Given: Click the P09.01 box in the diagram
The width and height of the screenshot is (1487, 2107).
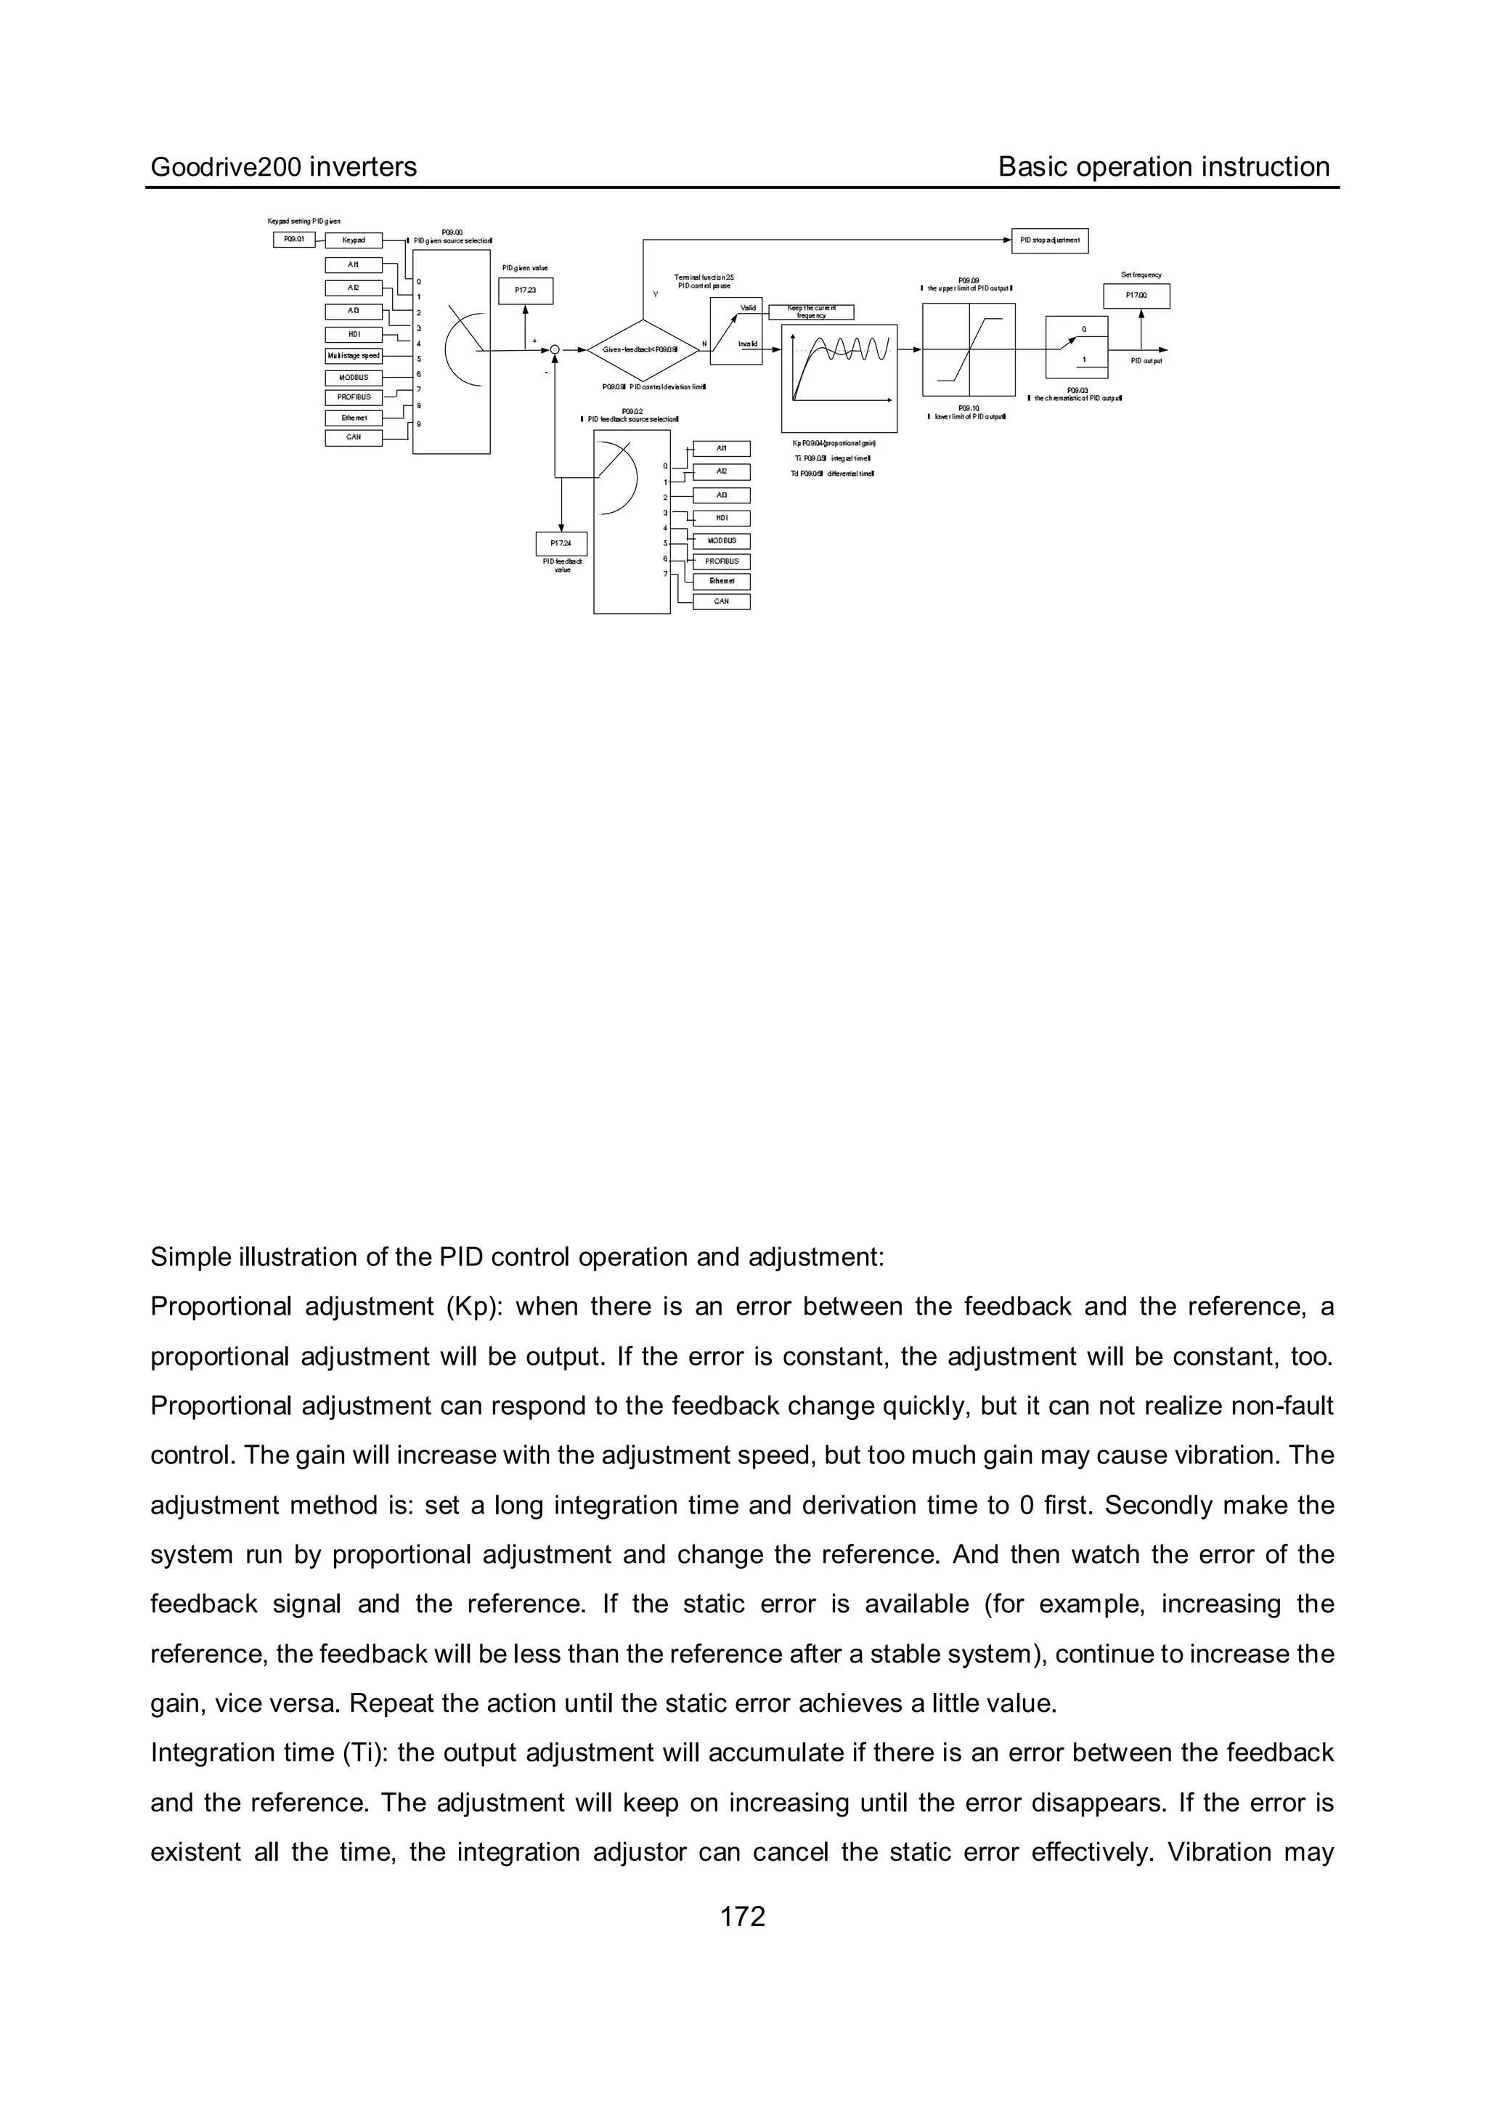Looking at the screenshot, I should (293, 240).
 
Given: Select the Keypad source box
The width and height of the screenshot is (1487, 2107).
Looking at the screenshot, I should (353, 240).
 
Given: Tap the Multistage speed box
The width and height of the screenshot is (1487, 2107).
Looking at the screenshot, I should (353, 355).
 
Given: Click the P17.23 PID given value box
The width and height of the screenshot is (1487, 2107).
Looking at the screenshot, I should (525, 290).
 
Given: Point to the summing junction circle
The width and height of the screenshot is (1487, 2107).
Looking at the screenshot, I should (555, 349).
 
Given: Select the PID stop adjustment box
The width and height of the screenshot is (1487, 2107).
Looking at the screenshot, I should (1049, 240).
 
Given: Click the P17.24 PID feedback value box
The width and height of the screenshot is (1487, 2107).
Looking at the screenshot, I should (561, 543).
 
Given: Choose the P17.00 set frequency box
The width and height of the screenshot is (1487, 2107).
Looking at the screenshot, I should (1136, 296).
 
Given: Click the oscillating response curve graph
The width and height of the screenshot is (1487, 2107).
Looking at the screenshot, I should (839, 377).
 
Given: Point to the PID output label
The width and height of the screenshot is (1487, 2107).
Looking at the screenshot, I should (1146, 362).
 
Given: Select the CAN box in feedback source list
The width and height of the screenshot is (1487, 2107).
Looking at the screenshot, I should (722, 601).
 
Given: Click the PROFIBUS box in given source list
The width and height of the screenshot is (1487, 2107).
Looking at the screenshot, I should (353, 397).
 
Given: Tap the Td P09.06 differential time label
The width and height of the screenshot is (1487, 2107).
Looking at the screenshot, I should (832, 474).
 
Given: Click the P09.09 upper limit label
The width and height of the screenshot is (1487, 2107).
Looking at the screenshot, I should (968, 285).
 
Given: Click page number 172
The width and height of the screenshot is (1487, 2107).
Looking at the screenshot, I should (742, 1916).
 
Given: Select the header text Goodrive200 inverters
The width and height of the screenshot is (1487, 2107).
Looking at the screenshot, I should (283, 167).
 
